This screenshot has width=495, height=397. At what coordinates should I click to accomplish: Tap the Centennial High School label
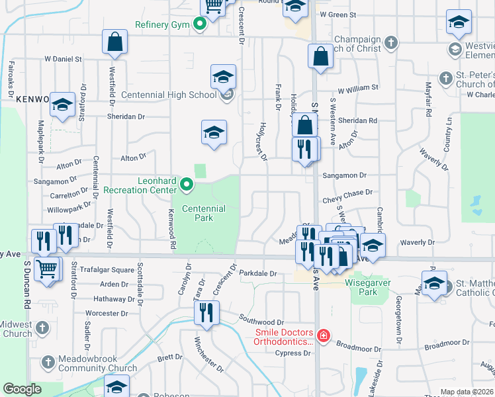(x=175, y=95)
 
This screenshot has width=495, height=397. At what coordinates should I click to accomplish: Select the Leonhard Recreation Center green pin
(x=187, y=184)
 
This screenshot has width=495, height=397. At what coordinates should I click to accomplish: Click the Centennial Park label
(x=204, y=213)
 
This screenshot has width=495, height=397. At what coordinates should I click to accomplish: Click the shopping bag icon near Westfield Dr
(x=115, y=42)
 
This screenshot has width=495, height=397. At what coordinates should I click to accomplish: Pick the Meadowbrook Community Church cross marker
(x=48, y=362)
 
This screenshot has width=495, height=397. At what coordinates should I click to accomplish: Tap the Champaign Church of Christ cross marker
(x=391, y=43)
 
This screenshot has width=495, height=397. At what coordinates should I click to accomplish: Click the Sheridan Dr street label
(x=126, y=116)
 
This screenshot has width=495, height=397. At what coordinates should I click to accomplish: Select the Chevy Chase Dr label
(x=347, y=192)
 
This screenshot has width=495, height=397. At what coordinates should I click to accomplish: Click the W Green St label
(x=337, y=14)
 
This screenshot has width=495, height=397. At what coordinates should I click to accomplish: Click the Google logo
(x=22, y=389)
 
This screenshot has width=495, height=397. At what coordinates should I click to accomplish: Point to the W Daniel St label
(x=64, y=59)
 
